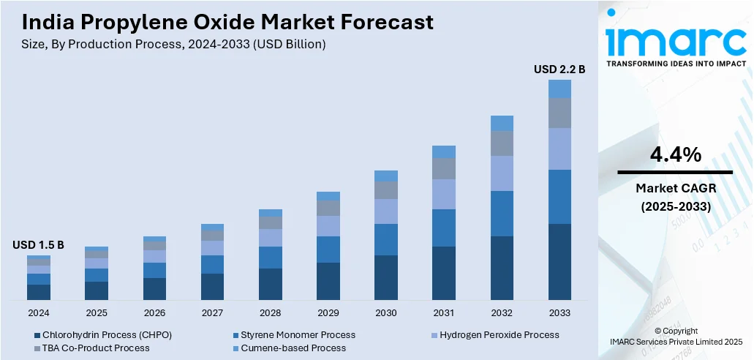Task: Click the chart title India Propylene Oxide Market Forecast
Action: coord(222,22)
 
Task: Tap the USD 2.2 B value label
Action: coord(559,70)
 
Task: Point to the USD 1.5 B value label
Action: coord(38,245)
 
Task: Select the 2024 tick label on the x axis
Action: coord(38,312)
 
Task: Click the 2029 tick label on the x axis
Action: coord(328,312)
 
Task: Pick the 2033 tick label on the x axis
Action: coord(559,312)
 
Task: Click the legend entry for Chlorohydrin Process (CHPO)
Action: coord(103,334)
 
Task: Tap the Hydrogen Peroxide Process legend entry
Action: coord(497,334)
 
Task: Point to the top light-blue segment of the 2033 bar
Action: coord(559,89)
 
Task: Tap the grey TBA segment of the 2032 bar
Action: coord(502,143)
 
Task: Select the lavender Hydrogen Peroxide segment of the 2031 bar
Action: coord(444,194)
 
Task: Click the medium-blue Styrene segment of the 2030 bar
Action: coord(386,239)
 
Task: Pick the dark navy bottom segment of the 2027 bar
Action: coord(212,287)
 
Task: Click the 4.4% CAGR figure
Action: coord(675,155)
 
